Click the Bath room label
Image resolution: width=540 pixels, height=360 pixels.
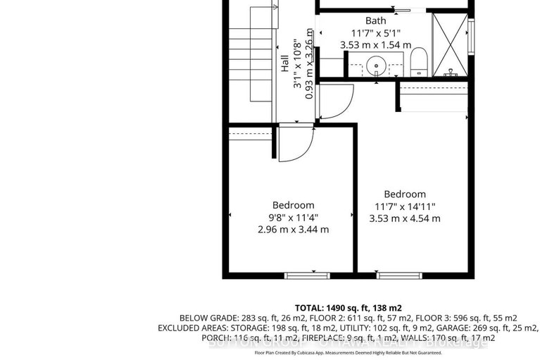(375, 20)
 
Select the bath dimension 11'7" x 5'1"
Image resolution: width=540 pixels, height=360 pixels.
(375, 32)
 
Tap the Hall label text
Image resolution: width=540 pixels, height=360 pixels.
(285, 64)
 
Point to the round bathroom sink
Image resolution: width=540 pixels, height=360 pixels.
(376, 67)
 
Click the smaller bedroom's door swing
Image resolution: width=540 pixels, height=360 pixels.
(291, 144)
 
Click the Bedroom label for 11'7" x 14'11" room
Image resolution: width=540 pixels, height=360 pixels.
(405, 194)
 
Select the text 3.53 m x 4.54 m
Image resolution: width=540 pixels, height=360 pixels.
(405, 218)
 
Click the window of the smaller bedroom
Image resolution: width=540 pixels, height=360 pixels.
(301, 274)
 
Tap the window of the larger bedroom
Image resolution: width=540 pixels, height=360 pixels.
(399, 274)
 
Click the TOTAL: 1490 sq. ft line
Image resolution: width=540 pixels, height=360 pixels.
(348, 308)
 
